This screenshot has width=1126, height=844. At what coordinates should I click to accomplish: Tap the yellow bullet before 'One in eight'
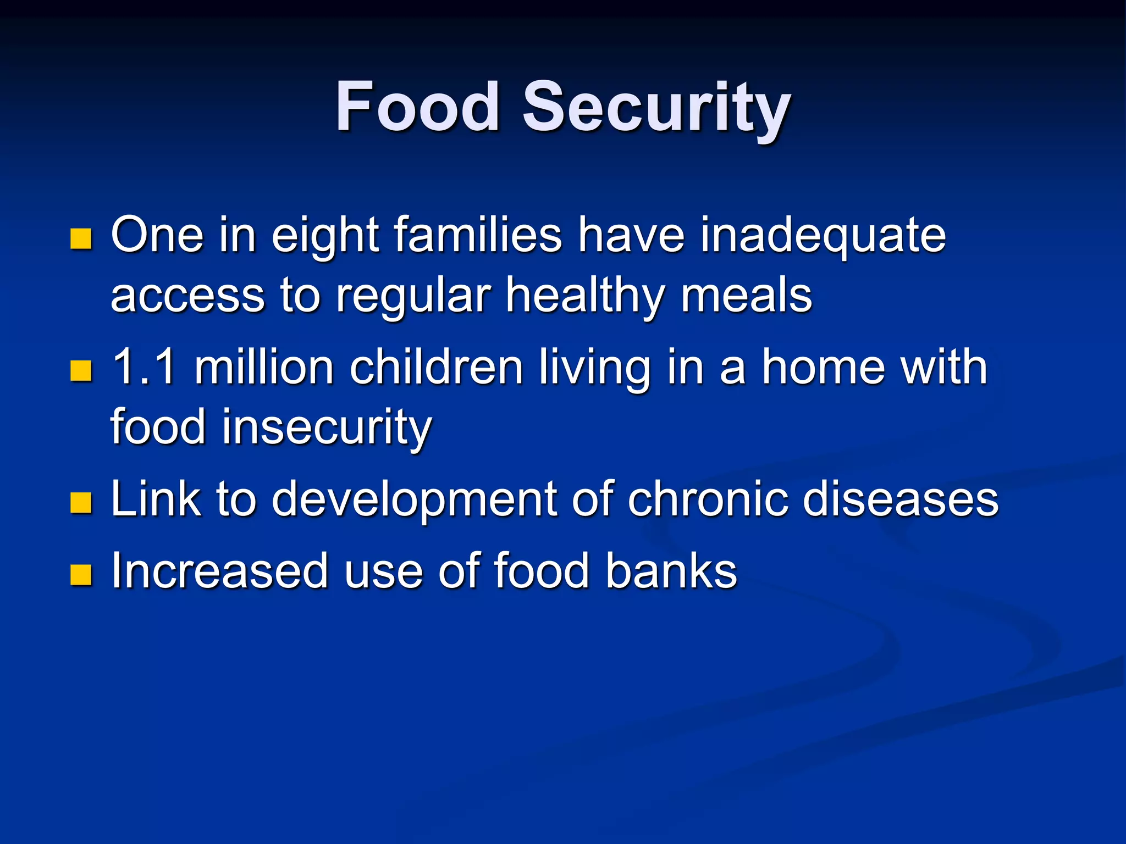tap(81, 238)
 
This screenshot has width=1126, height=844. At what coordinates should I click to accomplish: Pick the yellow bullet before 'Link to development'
tap(81, 502)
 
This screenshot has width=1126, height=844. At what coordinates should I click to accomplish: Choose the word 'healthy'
tap(585, 297)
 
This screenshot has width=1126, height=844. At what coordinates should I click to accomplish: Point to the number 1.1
tap(144, 367)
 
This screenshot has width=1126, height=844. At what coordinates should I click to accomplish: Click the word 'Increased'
tap(219, 571)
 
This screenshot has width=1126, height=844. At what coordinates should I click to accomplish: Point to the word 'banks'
tap(671, 571)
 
